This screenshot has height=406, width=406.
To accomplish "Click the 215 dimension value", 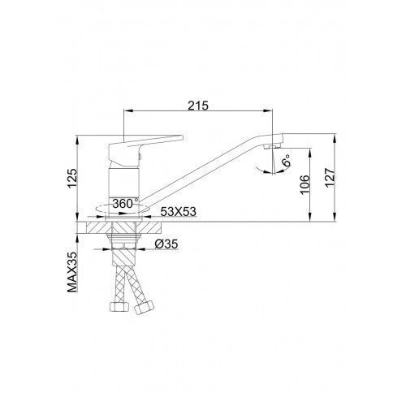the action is click(198, 106).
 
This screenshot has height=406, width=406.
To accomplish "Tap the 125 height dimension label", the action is click(72, 179).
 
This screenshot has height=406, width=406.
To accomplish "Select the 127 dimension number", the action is click(330, 178).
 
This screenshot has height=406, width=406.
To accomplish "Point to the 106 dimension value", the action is click(304, 184).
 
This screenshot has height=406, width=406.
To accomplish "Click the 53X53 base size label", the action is click(178, 212).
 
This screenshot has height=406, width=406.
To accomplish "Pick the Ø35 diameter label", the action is click(166, 244).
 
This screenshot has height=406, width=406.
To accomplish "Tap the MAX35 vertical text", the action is click(72, 272).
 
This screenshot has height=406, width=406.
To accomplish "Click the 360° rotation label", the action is click(125, 204).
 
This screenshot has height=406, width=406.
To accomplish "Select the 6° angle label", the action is click(286, 160).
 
